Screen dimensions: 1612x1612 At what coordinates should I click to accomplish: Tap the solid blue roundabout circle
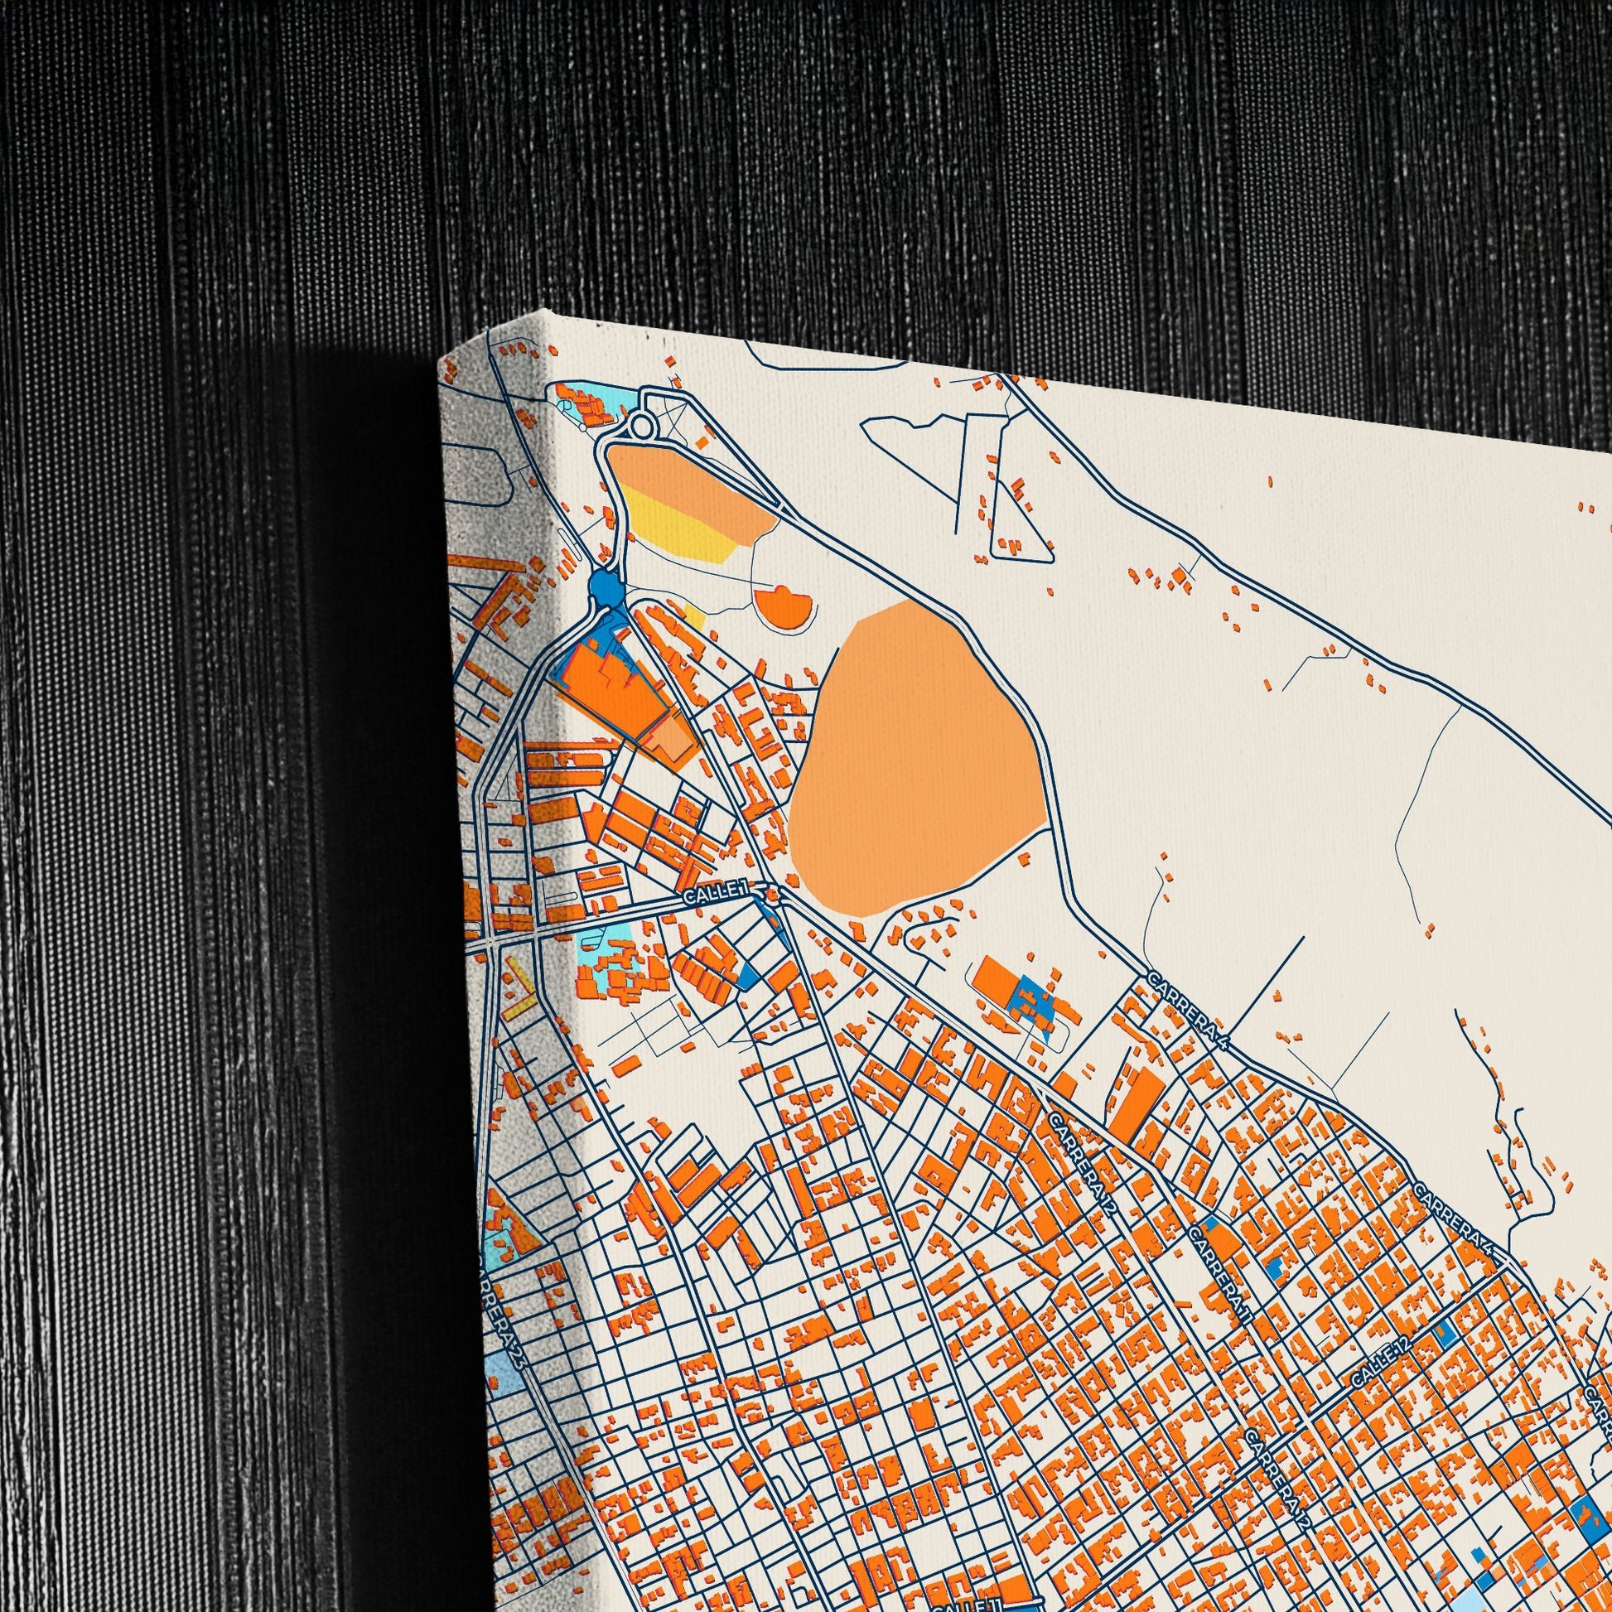coord(606,588)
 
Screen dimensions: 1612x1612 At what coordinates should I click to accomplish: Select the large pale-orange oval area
coord(914,760)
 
